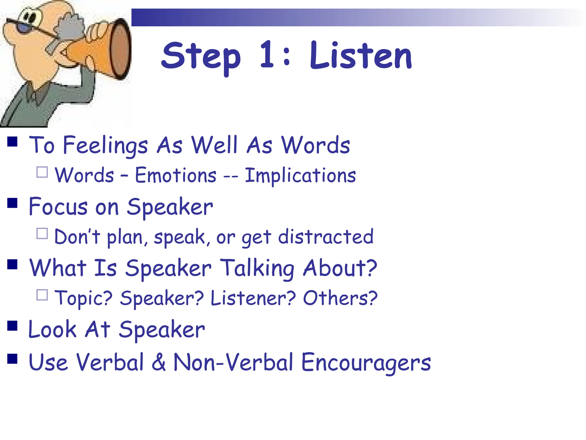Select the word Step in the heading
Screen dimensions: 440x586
(x=201, y=57)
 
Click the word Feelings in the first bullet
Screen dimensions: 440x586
(x=105, y=146)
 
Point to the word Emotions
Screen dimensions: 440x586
(x=176, y=175)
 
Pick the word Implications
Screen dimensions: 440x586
(x=300, y=176)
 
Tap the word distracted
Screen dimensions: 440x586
(x=326, y=237)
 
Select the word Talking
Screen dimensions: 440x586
(x=258, y=268)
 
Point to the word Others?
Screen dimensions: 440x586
(x=340, y=298)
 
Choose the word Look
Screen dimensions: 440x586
(x=53, y=329)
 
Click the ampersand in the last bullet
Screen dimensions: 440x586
(x=159, y=362)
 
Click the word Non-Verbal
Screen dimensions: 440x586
(x=233, y=362)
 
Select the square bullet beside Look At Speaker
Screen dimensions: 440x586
(x=12, y=326)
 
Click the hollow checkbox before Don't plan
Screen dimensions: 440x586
(x=42, y=233)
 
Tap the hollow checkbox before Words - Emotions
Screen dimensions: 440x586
(x=42, y=172)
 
